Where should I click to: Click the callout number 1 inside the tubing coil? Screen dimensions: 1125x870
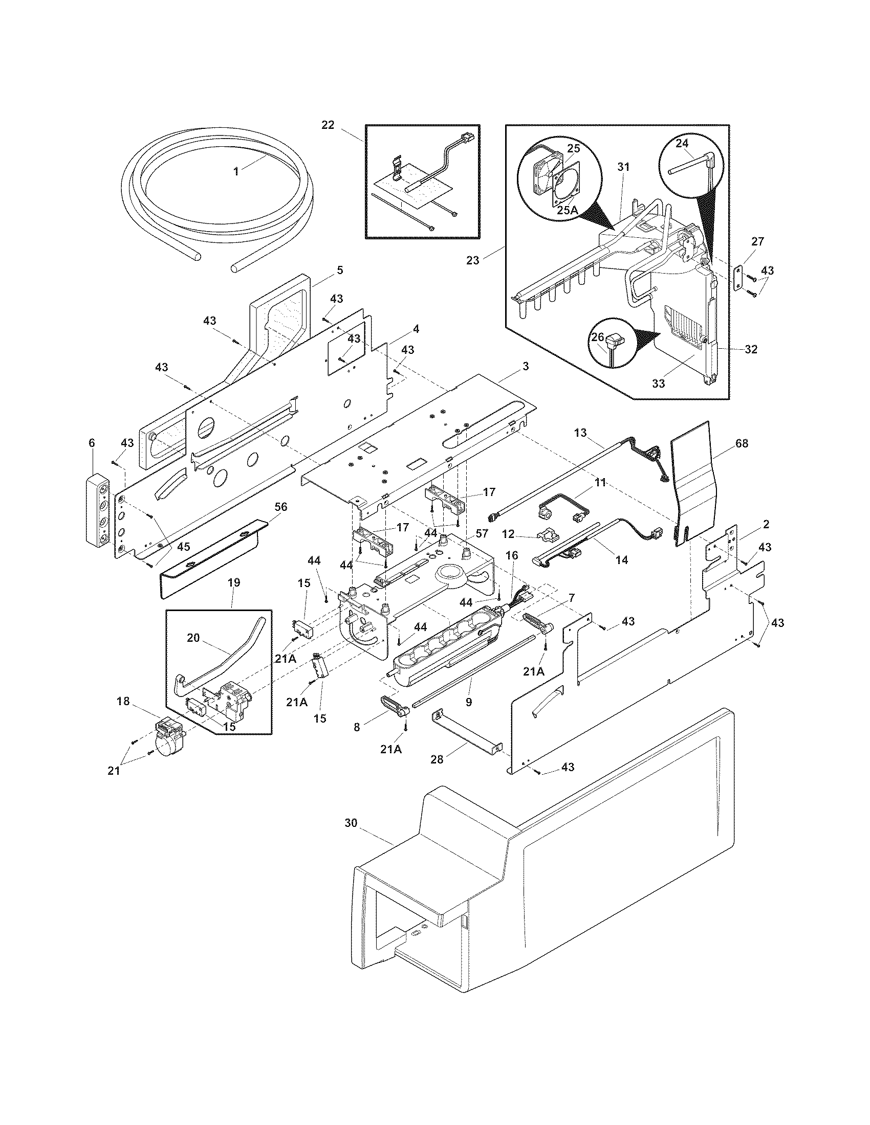(x=236, y=171)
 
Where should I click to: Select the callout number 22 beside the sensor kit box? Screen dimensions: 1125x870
(x=328, y=125)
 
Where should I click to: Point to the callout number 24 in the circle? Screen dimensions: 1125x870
(x=682, y=144)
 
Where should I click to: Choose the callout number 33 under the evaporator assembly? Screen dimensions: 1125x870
(x=659, y=383)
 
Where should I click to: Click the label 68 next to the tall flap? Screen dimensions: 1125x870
(x=742, y=443)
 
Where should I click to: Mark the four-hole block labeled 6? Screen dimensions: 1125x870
(x=97, y=508)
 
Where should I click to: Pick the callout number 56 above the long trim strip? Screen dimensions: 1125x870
(x=280, y=507)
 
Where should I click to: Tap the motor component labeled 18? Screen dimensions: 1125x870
(x=169, y=742)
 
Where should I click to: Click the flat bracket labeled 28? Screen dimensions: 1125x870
(x=466, y=736)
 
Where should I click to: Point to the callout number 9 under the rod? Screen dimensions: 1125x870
(x=468, y=702)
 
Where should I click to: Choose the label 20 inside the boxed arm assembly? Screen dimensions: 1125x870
(x=193, y=638)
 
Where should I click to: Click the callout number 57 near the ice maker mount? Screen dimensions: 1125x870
(x=482, y=533)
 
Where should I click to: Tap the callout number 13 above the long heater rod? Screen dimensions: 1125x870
(x=580, y=433)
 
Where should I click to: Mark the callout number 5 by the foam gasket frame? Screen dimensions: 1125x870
(x=340, y=270)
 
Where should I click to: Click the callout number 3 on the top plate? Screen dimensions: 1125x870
(x=525, y=366)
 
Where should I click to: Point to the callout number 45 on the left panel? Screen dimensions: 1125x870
(x=184, y=547)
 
